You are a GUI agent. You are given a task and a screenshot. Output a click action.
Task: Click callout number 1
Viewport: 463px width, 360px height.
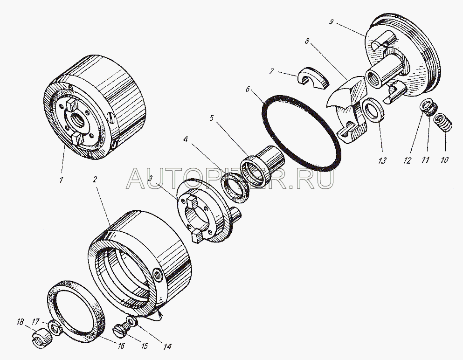click(x=61, y=179)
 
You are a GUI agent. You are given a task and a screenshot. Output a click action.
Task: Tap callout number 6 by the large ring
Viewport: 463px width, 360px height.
click(x=248, y=89)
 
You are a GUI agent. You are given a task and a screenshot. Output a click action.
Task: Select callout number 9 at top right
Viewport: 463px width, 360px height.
click(x=332, y=22)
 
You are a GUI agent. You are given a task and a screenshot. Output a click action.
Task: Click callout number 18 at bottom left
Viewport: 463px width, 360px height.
click(x=20, y=322)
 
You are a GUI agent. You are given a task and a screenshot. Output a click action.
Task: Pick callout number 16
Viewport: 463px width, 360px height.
click(x=121, y=346)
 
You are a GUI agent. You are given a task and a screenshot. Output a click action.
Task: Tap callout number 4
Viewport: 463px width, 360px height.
click(x=185, y=139)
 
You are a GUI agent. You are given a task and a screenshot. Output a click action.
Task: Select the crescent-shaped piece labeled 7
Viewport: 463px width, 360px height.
click(x=313, y=78)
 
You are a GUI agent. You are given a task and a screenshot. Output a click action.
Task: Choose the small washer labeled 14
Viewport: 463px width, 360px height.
click(x=131, y=320)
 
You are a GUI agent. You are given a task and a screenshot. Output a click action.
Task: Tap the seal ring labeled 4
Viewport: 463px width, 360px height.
click(x=235, y=188)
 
